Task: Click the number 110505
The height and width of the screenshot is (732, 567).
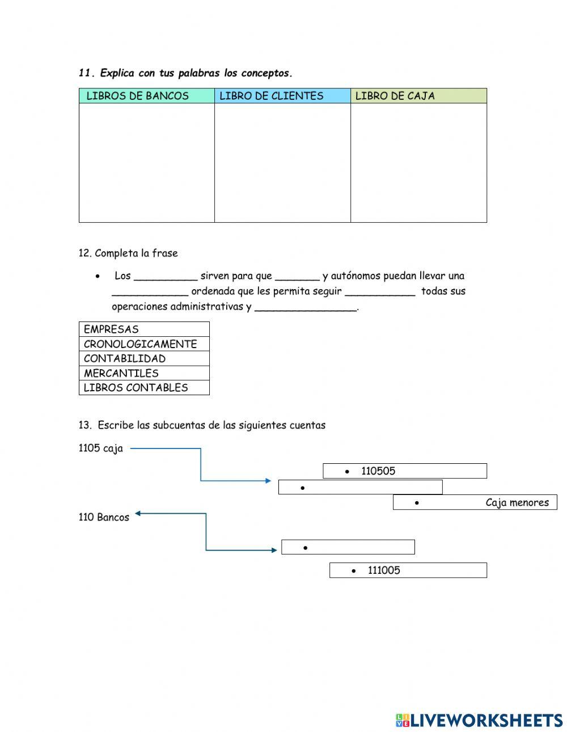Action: [x=378, y=471]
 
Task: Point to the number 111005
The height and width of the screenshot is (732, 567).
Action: [x=384, y=570]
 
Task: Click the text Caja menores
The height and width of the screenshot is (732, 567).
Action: [x=517, y=502]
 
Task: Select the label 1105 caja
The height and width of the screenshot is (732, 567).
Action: [x=100, y=448]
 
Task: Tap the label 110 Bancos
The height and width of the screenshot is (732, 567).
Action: [x=104, y=517]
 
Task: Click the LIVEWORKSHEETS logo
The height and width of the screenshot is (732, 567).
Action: [x=479, y=720]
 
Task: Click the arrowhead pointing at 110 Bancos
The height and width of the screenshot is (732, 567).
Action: [x=138, y=514]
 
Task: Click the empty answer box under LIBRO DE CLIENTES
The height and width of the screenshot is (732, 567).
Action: [x=282, y=163]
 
